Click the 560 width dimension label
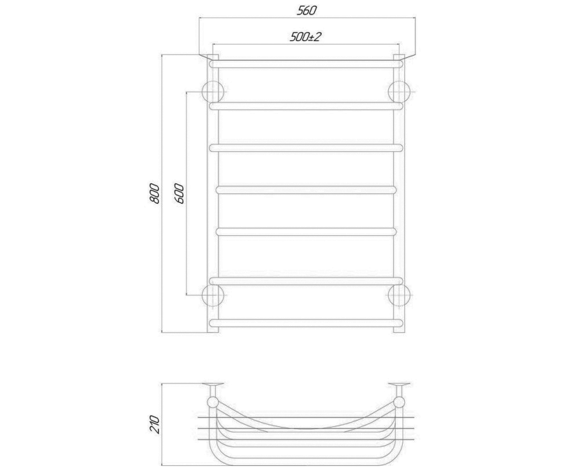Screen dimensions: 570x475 click(306, 10)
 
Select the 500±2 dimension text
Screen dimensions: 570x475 click(305, 37)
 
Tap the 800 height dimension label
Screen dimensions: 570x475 click(154, 193)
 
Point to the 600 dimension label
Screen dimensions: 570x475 click(179, 193)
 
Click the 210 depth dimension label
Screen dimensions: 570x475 click(154, 425)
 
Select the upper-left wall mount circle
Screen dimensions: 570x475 click(213, 92)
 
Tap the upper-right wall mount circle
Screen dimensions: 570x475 click(399, 92)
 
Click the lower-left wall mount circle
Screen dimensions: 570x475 click(213, 295)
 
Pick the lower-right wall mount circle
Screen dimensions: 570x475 click(399, 295)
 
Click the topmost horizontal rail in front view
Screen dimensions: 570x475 click(306, 64)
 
